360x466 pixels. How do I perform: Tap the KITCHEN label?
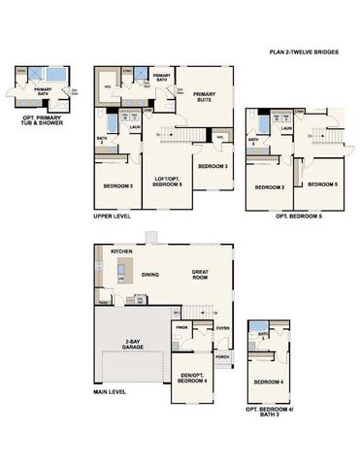click(x=122, y=251)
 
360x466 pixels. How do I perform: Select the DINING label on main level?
click(x=150, y=274)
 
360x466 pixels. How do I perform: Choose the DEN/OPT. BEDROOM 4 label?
click(x=190, y=380)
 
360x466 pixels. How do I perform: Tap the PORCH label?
click(x=222, y=356)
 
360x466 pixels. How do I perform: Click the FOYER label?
click(x=222, y=328)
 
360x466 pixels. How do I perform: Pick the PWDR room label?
click(x=181, y=328)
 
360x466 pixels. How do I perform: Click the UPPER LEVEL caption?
click(x=112, y=216)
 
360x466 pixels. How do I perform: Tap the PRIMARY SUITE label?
click(x=205, y=97)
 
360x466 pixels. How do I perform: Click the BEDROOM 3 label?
click(x=213, y=167)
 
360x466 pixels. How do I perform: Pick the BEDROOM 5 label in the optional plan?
click(x=323, y=184)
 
